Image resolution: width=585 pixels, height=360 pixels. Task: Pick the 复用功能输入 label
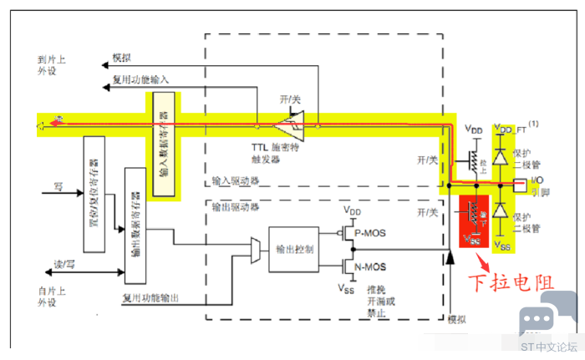pos(140,80)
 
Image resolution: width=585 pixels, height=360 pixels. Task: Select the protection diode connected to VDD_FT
pos(500,157)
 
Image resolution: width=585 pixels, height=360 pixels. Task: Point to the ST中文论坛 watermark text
pos(549,346)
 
